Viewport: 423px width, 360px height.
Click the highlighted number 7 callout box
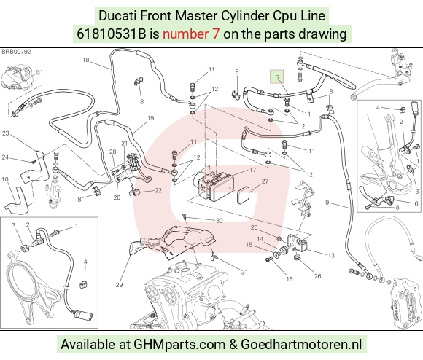tap(277, 77)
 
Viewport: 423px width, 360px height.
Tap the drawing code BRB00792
tap(17, 52)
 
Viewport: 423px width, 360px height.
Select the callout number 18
tap(86, 60)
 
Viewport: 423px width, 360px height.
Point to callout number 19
tap(150, 118)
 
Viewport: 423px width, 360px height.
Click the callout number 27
tap(265, 181)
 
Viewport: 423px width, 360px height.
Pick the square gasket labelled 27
tap(244, 196)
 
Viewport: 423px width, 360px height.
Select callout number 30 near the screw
tap(220, 221)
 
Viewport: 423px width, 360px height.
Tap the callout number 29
tap(119, 284)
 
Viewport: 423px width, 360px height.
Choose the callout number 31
tap(244, 272)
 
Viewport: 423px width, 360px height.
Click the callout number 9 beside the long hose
tap(327, 202)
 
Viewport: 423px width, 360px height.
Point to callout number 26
tap(317, 276)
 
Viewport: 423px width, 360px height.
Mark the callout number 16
tap(290, 279)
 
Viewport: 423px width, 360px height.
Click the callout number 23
tap(6, 133)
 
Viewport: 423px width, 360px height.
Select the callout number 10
tap(5, 179)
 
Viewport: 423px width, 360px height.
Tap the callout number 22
tap(158, 190)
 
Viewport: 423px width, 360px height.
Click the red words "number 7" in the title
tap(191, 34)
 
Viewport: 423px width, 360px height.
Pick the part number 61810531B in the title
tap(111, 34)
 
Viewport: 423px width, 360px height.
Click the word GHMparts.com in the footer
tap(179, 345)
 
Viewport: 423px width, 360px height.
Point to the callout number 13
tap(331, 255)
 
